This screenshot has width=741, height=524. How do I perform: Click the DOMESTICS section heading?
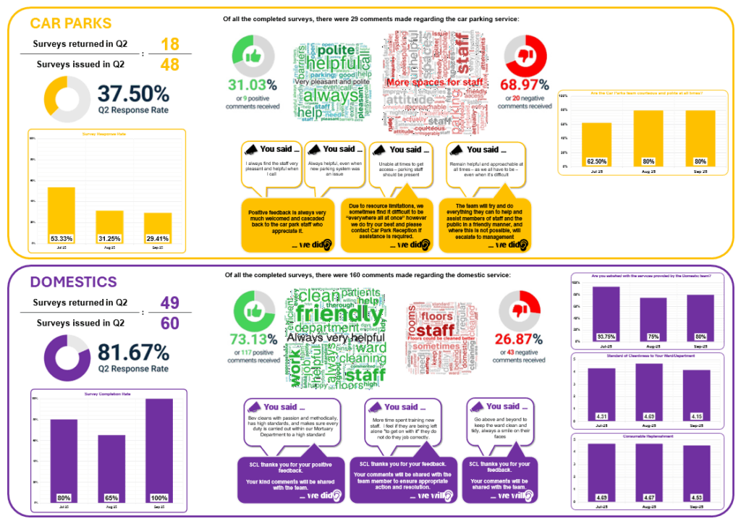(74, 282)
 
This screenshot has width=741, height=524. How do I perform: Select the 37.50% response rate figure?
(134, 94)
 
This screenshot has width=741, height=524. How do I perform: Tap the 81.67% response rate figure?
(134, 352)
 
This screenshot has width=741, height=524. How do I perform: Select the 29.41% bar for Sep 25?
(158, 227)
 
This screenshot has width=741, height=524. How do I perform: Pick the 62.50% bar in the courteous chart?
(596, 145)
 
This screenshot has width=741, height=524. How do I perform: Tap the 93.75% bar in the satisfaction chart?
(606, 318)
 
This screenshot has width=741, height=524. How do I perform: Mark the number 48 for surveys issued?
(170, 64)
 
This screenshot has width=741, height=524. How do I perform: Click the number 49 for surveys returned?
(170, 303)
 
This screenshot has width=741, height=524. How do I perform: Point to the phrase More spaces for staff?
(427, 83)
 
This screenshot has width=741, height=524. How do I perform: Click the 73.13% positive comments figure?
(253, 338)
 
